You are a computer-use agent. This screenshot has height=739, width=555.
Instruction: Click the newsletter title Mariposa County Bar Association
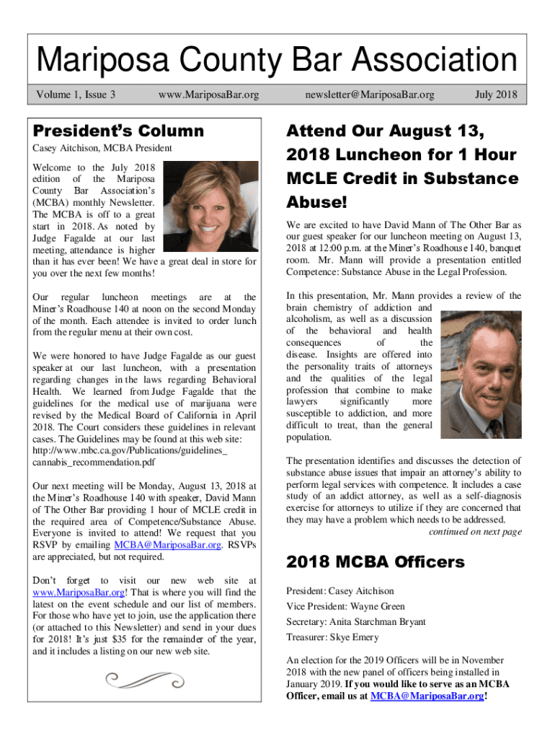tap(277, 61)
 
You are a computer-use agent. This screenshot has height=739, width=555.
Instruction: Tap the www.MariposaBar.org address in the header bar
tap(208, 94)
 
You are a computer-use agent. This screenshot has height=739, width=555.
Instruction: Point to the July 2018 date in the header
tap(497, 94)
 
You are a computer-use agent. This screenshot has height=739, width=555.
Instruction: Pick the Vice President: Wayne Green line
tap(345, 606)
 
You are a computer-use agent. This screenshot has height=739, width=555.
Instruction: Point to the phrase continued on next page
tap(475, 532)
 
